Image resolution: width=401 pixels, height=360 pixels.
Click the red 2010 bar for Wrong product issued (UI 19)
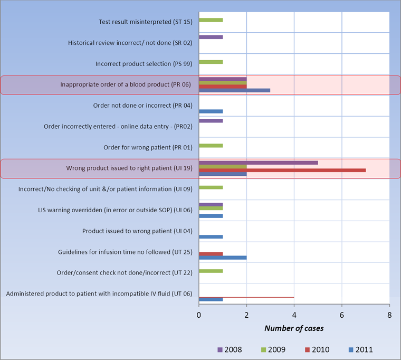pos(282,170)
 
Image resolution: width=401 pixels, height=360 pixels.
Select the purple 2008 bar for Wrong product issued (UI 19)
pos(259,162)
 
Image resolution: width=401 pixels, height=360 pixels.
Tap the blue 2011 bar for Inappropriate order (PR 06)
pos(234,90)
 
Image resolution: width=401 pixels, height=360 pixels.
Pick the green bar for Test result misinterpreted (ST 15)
pos(211,20)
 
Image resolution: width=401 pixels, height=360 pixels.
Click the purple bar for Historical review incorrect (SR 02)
pos(211,37)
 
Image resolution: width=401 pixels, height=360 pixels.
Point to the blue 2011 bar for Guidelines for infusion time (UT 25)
pos(223,258)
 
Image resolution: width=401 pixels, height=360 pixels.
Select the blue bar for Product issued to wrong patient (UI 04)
pos(211,236)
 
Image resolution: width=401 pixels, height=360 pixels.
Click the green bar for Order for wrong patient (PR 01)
pos(211,145)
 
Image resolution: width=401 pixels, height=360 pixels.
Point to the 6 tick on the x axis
pos(341,315)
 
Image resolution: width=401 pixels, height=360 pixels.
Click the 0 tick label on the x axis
pos(199,315)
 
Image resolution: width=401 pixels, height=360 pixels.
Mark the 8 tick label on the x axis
pos(389,315)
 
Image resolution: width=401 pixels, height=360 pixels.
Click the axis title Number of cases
pos(294,328)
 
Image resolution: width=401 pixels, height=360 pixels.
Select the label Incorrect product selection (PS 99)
pos(144,63)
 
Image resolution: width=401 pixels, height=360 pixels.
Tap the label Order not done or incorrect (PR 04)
pos(142,105)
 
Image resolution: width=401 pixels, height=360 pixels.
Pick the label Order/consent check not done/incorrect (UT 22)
pos(124,272)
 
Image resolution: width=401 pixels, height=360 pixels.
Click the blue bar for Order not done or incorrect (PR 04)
pos(211,111)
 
